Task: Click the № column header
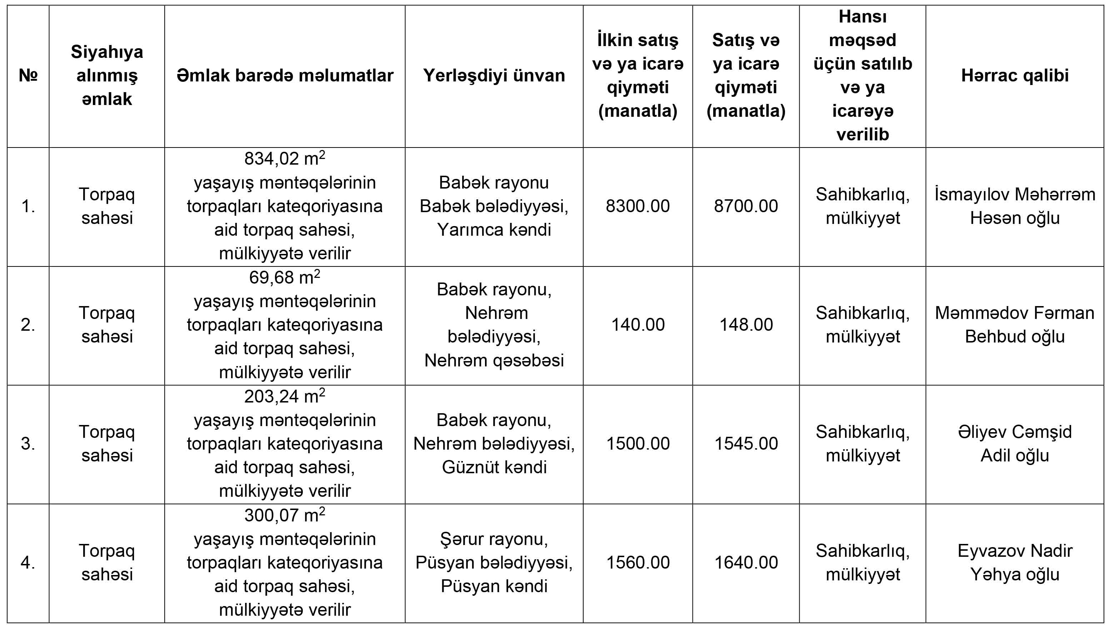28,75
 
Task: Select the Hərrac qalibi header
1015,75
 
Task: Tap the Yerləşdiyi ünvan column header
494,75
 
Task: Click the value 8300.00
637,206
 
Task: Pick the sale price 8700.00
746,206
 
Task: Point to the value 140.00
637,325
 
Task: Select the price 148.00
746,325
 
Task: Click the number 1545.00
746,444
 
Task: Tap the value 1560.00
637,562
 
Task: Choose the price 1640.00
746,562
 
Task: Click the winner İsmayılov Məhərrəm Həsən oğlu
1015,206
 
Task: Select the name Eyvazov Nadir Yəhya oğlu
1015,562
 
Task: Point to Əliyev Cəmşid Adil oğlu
1015,444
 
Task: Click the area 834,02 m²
284,159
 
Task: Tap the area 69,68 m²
284,277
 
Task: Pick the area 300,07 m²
284,515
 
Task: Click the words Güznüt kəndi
494,467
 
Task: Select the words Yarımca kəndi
494,230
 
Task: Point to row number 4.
28,562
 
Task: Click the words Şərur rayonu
494,539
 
